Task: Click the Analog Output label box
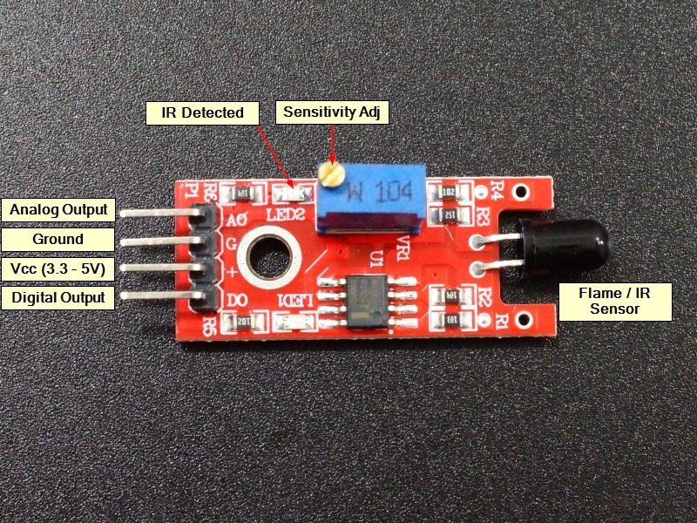coord(58,209)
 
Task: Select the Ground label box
coord(58,239)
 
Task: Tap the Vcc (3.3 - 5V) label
coord(58,268)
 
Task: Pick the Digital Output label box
coord(58,298)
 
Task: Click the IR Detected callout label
coord(201,112)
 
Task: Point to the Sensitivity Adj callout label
coord(332,112)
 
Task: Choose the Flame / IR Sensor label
coord(614,301)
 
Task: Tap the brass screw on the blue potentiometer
coord(328,174)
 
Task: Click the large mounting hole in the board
coord(266,255)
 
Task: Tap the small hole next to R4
coord(521,190)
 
